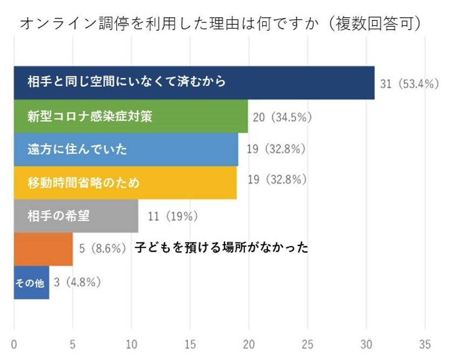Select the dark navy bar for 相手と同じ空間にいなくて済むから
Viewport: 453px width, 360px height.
pyautogui.click(x=194, y=82)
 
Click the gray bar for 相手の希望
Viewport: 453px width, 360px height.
pyautogui.click(x=75, y=216)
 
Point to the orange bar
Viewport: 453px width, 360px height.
pyautogui.click(x=43, y=249)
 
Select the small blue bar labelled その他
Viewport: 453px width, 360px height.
pyautogui.click(x=31, y=282)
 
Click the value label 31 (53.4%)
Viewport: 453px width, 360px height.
pyautogui.click(x=410, y=84)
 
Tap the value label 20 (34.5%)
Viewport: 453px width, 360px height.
pyautogui.click(x=283, y=116)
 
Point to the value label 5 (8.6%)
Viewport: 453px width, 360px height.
pyautogui.click(x=102, y=248)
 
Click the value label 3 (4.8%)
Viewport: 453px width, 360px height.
pyautogui.click(x=78, y=281)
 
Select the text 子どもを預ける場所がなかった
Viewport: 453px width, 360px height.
pyautogui.click(x=221, y=248)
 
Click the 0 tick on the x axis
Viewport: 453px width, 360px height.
pyautogui.click(x=14, y=344)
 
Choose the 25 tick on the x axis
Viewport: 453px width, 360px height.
pyautogui.click(x=307, y=344)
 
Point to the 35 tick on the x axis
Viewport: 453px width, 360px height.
pyautogui.click(x=425, y=344)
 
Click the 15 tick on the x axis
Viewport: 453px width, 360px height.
pyautogui.click(x=190, y=344)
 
